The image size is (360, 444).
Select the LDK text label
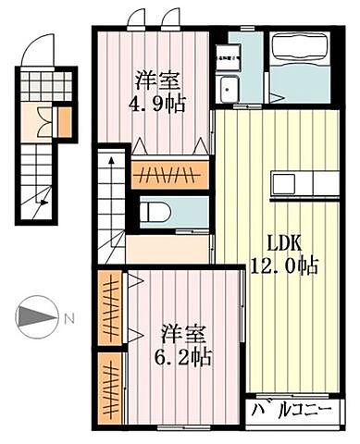285,242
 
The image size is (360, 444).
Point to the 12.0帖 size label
285,266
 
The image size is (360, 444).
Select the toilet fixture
155,211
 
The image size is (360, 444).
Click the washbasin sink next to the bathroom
229,90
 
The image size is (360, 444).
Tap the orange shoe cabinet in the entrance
64,121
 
